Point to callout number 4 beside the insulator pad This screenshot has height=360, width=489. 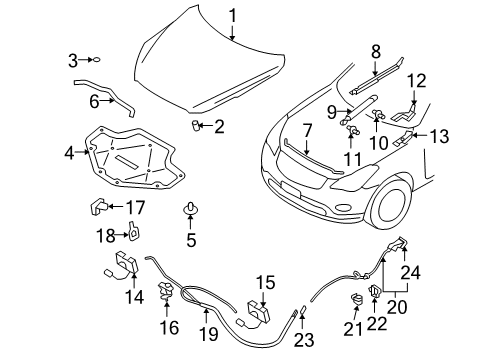click(69, 153)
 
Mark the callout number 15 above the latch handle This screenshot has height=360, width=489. click(263, 282)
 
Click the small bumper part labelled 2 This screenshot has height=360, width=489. click(197, 125)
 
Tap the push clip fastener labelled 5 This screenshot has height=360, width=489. click(188, 211)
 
